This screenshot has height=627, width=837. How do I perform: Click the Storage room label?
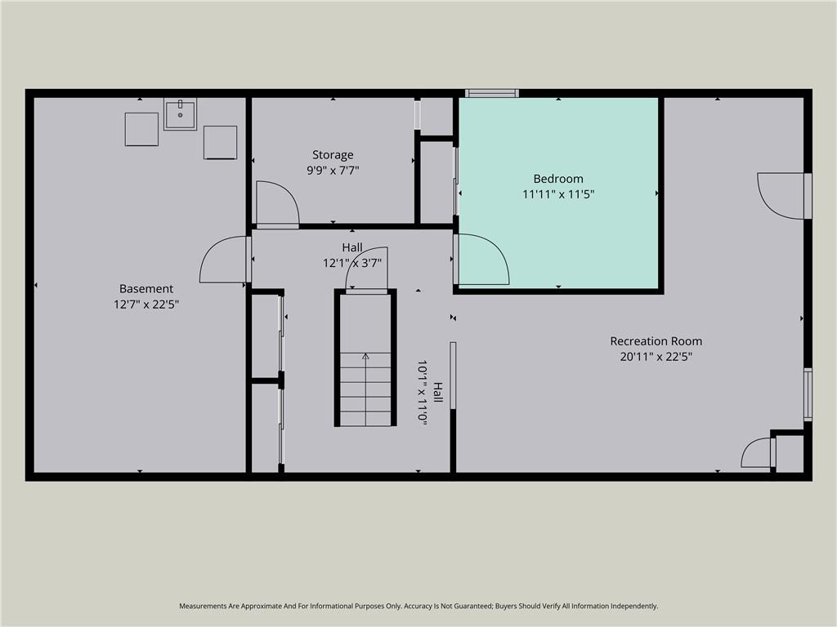[x=333, y=155]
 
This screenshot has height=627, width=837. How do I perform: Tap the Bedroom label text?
[x=558, y=179]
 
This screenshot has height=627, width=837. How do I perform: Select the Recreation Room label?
[x=656, y=341]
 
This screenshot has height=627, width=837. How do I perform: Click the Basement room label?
[x=146, y=289]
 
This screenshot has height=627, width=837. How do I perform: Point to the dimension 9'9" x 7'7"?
[x=333, y=171]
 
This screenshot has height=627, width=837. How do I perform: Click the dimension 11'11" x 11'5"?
[x=558, y=194]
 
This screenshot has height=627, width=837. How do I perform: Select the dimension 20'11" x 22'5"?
[x=656, y=357]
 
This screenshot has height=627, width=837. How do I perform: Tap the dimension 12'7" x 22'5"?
[x=146, y=305]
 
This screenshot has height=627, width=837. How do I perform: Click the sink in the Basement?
[x=181, y=114]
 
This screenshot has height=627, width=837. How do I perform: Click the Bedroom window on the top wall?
[x=491, y=93]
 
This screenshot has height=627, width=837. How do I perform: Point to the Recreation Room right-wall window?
[x=808, y=394]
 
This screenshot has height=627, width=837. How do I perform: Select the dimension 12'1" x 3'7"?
[x=352, y=264]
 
